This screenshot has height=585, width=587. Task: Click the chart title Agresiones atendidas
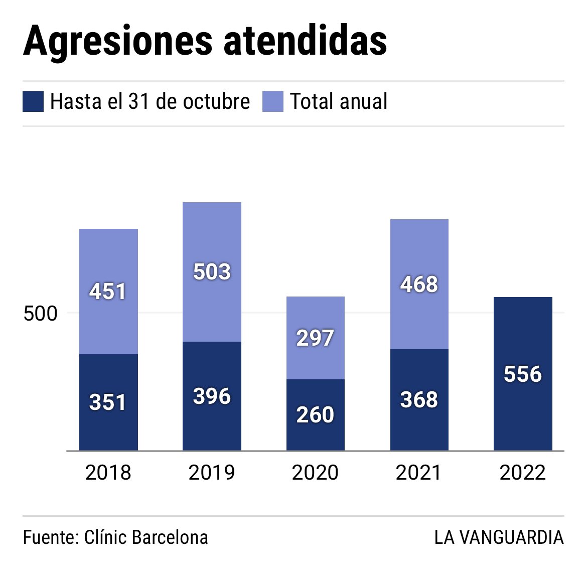coord(205,40)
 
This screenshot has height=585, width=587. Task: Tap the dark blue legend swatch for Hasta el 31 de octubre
coord(33,101)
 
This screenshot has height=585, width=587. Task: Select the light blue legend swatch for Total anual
coord(273,101)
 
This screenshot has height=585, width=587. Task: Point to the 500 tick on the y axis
coord(41,314)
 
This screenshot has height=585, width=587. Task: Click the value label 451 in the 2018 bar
coord(108,291)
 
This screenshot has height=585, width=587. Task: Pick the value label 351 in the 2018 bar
coord(108,402)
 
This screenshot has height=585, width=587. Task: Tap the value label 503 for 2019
coord(212,272)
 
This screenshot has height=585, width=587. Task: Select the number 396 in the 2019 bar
coord(212,397)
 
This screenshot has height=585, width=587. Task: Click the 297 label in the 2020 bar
coord(315,338)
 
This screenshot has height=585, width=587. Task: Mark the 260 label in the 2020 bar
coord(315,415)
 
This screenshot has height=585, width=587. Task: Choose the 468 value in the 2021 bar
coord(419,284)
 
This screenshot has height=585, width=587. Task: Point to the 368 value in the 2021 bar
coord(419,400)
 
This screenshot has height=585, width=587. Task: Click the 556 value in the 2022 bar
coord(523,374)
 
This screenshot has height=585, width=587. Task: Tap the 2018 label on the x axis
coord(108,473)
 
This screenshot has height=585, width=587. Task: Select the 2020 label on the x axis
coord(315,473)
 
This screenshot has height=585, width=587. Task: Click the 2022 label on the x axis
coord(523,473)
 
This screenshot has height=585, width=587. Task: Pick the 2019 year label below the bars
coord(212,473)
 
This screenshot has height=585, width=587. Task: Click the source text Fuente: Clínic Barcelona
coord(115,537)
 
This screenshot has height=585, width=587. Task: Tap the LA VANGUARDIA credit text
coord(499,537)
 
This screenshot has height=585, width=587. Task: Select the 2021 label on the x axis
coord(419,473)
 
